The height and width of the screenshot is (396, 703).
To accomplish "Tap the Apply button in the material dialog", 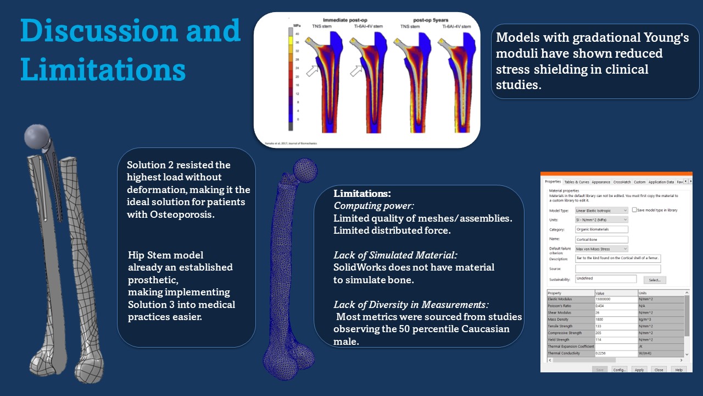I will pyautogui.click(x=639, y=370).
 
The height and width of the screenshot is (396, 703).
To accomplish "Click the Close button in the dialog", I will pyautogui.click(x=659, y=370).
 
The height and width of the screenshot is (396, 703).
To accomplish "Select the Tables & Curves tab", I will pyautogui.click(x=576, y=182).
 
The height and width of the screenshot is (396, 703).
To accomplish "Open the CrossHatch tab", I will pyautogui.click(x=622, y=182).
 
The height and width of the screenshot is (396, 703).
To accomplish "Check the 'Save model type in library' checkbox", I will pyautogui.click(x=634, y=210).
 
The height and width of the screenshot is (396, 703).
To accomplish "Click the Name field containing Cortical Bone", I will pyautogui.click(x=601, y=239).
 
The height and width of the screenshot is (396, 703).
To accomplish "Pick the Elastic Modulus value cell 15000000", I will pyautogui.click(x=615, y=299).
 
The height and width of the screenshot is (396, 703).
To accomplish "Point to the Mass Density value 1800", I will pyautogui.click(x=615, y=320).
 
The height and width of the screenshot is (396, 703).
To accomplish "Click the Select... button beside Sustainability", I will pyautogui.click(x=654, y=280).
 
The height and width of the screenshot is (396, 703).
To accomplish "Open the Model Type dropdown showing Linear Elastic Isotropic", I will pyautogui.click(x=601, y=210).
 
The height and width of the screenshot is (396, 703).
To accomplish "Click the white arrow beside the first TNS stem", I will pyautogui.click(x=313, y=70).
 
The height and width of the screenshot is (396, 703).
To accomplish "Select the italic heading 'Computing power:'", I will pyautogui.click(x=366, y=206).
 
